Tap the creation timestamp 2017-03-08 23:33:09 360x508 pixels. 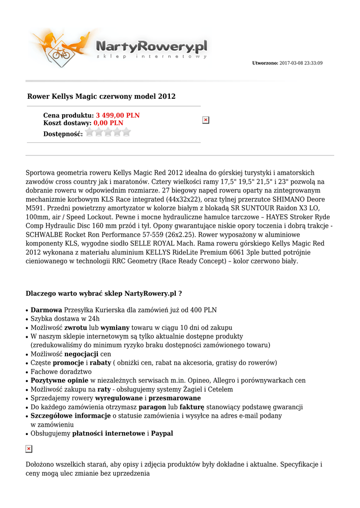[301, 63]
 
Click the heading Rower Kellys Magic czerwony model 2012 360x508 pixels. [101, 96]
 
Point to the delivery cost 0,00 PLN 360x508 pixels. [108, 123]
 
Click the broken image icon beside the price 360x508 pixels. [206, 120]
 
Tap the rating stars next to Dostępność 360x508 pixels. [108, 132]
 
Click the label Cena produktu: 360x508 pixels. [69, 115]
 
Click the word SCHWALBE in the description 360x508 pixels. [45, 235]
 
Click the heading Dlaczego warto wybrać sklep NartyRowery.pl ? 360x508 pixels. [104, 294]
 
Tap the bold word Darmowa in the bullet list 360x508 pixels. [46, 310]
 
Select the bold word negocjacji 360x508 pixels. [81, 354]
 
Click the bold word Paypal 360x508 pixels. [162, 434]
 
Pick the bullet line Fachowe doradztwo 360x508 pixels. [61, 372]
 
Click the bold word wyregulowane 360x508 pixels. [119, 398]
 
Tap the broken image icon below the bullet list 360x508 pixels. [29, 449]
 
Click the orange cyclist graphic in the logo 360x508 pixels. [62, 50]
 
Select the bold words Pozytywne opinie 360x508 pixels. [60, 381]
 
